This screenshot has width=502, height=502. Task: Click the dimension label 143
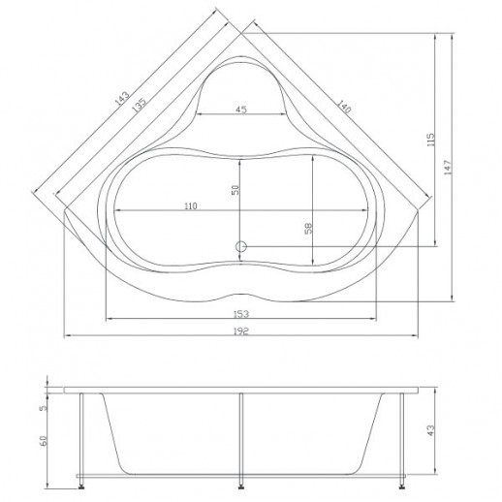point(122,99)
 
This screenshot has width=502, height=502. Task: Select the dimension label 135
point(140,105)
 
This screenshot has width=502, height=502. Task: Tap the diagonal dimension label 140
point(344,107)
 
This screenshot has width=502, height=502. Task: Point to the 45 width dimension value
point(241,110)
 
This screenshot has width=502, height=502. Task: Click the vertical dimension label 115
point(431,140)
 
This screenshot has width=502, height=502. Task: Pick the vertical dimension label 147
point(448,168)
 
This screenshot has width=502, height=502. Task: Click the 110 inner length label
point(191,205)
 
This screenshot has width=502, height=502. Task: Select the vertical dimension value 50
point(235,190)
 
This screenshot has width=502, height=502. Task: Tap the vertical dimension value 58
point(309,228)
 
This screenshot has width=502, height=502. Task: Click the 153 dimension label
point(241,314)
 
